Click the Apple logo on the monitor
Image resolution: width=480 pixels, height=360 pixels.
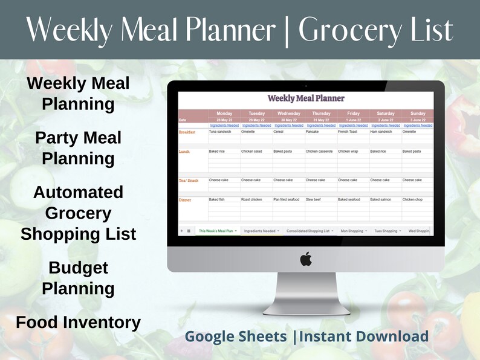click(x=306, y=259)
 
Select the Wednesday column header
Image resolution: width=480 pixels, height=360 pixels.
click(x=289, y=113)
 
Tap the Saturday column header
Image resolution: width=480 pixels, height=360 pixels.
click(x=386, y=113)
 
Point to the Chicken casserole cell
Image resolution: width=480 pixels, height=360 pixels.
click(x=319, y=152)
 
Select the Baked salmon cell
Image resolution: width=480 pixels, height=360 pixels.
click(x=383, y=199)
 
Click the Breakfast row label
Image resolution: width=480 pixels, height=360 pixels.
click(x=187, y=132)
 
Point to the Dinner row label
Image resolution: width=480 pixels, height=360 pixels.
click(x=185, y=199)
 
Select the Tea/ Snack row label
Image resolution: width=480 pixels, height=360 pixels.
click(x=188, y=180)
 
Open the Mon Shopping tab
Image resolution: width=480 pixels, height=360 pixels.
click(x=352, y=231)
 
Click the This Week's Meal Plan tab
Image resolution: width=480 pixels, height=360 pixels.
click(x=217, y=231)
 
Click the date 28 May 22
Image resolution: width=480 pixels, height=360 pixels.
click(x=224, y=120)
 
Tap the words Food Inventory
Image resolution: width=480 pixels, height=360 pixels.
click(x=78, y=323)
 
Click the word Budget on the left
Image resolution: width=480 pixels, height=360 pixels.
click(x=78, y=268)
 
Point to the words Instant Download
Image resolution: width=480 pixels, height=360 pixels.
click(x=364, y=336)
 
